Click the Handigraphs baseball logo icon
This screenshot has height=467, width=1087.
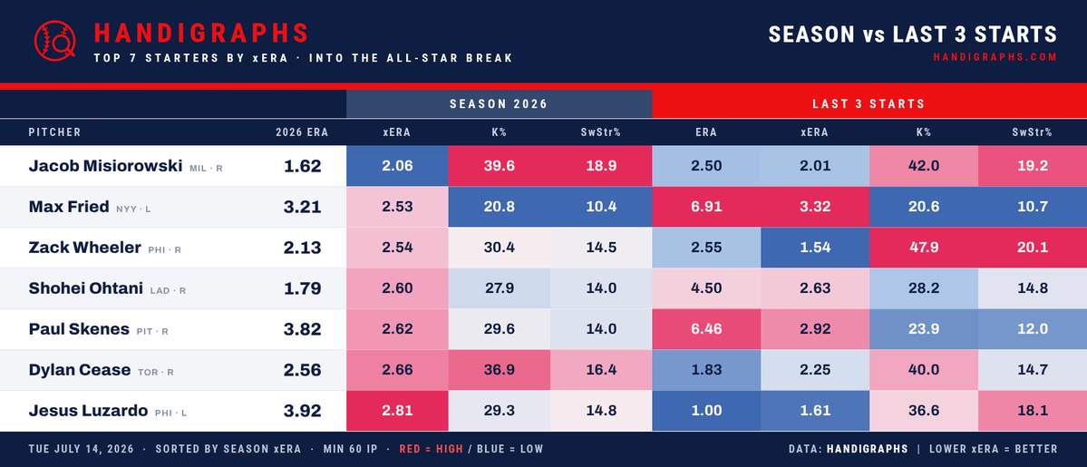click(54, 40)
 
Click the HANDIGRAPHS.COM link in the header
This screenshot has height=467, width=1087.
click(995, 58)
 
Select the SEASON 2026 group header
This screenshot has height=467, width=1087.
click(500, 104)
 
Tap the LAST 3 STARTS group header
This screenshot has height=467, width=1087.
click(869, 104)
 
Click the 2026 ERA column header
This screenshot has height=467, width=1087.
click(302, 131)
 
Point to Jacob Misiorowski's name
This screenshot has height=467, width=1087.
click(105, 166)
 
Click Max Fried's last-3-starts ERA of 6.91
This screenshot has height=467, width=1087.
click(706, 207)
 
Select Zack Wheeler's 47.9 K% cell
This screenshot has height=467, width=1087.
click(924, 248)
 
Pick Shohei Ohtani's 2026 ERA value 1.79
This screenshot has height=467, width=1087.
click(302, 288)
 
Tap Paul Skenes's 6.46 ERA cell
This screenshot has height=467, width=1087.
click(706, 329)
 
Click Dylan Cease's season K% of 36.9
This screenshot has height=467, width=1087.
click(500, 371)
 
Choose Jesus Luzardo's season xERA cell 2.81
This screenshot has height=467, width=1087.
click(397, 411)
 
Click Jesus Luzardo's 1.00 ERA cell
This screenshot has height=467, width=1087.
click(706, 411)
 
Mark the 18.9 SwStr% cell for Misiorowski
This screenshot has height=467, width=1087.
click(601, 166)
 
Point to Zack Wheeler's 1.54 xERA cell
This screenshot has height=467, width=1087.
click(815, 248)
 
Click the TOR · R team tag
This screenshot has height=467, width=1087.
click(155, 373)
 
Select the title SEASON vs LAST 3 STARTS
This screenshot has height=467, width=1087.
click(912, 34)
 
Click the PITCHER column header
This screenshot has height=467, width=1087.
click(54, 131)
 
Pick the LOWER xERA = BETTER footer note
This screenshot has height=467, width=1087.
click(994, 449)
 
